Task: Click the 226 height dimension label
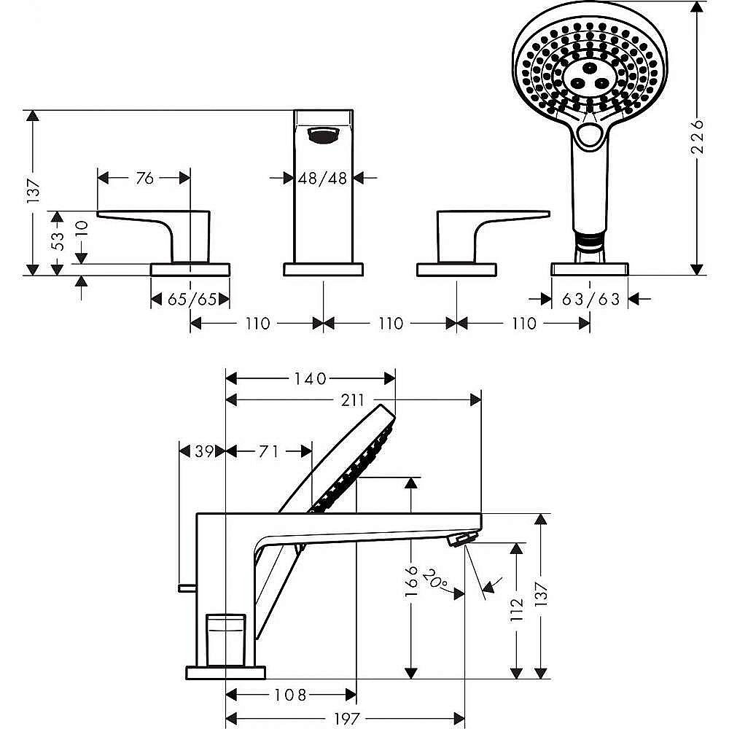pos(698,136)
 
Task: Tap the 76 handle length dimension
pos(144,177)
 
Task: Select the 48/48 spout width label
pos(322,177)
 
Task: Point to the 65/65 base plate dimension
pos(190,300)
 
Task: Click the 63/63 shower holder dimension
pos(590,300)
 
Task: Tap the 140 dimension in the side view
pos(311,378)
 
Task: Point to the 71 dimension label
pos(269,452)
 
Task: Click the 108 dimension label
pos(291,694)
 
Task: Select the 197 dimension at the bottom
pos(345,718)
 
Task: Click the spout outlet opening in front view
pos(323,134)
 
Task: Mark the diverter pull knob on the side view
pos(187,587)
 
